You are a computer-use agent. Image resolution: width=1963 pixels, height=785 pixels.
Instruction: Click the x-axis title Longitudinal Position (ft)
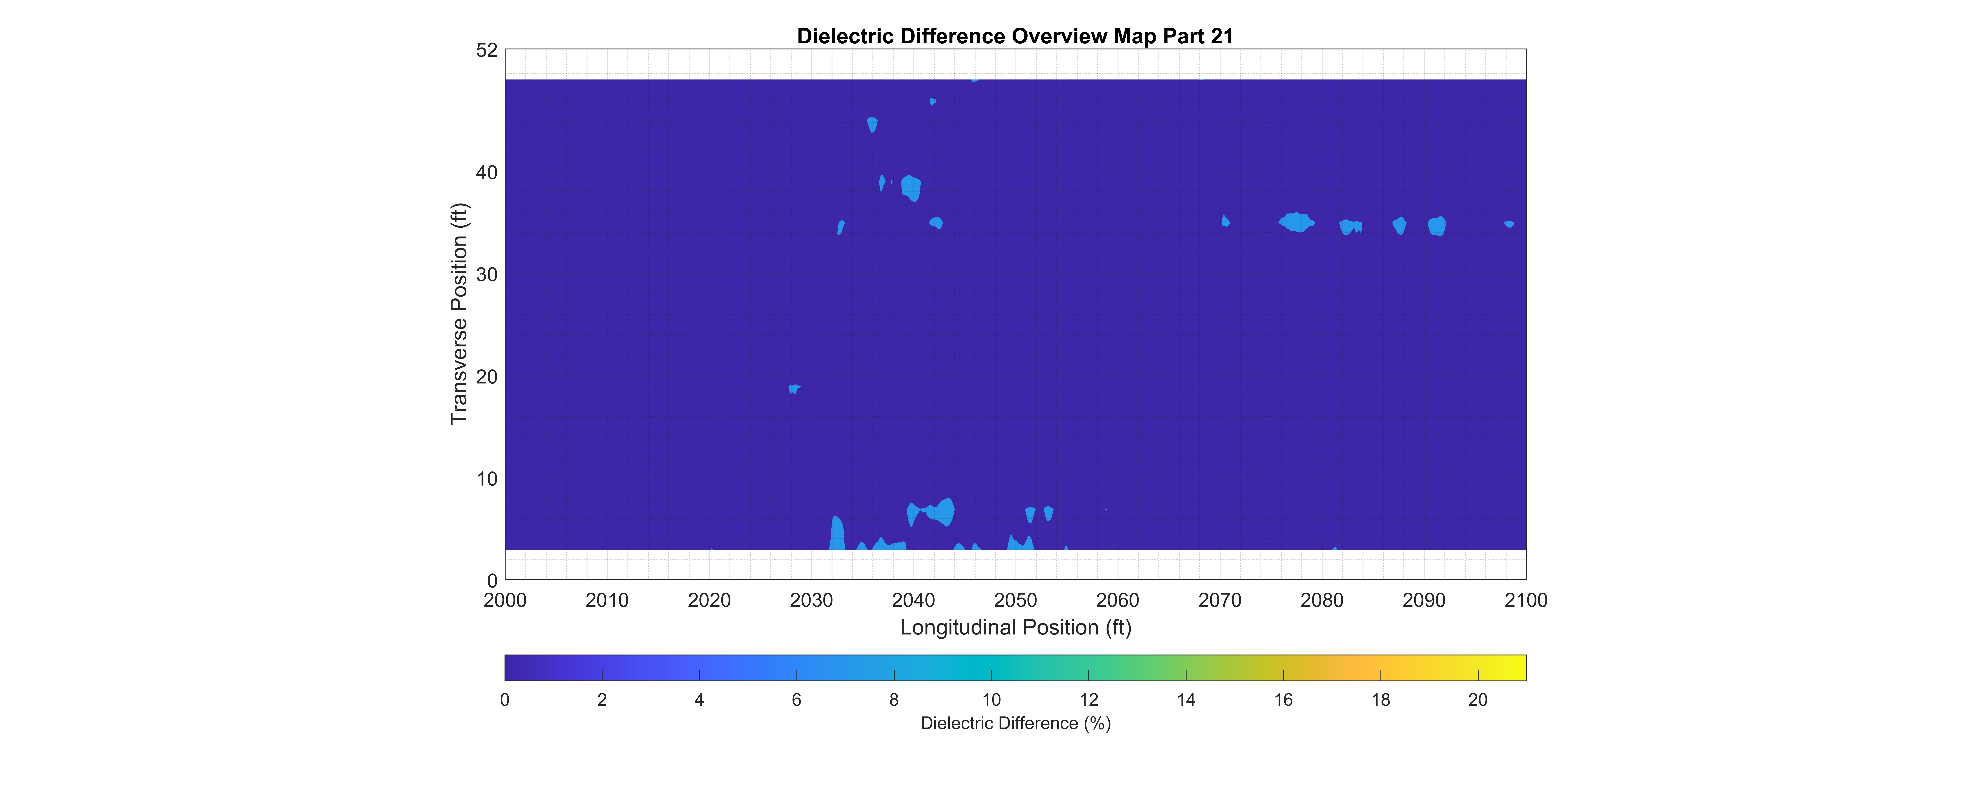pyautogui.click(x=1015, y=627)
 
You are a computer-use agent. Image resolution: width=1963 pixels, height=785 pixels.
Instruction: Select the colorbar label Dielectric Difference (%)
pyautogui.click(x=1015, y=723)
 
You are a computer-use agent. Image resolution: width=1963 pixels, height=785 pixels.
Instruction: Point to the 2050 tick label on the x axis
pyautogui.click(x=1015, y=601)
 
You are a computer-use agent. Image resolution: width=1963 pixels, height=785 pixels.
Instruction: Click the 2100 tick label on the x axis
pyautogui.click(x=1526, y=601)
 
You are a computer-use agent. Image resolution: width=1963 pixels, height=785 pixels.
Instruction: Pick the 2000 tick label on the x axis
pyautogui.click(x=504, y=601)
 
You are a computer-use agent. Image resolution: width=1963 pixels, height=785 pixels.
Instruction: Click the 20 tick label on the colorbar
pyautogui.click(x=1478, y=700)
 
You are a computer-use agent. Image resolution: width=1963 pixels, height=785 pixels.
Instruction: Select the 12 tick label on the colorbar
pyautogui.click(x=1088, y=700)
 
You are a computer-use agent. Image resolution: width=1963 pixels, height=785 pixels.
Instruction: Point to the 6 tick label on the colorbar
pyautogui.click(x=796, y=700)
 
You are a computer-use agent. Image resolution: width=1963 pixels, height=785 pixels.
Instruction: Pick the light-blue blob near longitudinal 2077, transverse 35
pyautogui.click(x=1295, y=223)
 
